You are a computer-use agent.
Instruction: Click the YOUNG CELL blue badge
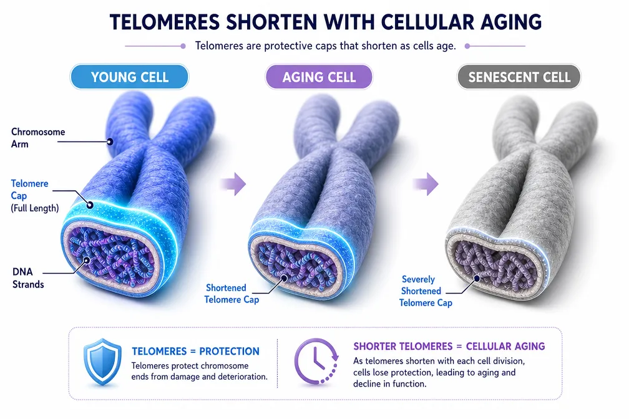pos(130,77)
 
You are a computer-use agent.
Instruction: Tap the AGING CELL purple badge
pos(319,77)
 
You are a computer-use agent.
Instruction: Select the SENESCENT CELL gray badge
pos(519,77)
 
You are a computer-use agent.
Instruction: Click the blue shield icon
pos(102,362)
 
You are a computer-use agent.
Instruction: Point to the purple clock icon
pos(317,362)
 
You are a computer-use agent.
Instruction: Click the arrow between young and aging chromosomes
pos(234,184)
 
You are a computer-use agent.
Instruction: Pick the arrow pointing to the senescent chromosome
pos(426,184)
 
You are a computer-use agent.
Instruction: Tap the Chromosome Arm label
pos(37,138)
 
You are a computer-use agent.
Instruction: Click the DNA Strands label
pos(28,278)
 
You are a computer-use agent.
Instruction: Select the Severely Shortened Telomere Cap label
pos(425,291)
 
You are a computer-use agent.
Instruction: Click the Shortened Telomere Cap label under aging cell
pos(232,294)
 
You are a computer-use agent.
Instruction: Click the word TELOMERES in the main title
pos(165,22)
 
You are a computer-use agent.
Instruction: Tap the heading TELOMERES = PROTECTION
pos(196,351)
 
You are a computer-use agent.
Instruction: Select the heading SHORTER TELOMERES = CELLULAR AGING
pos(449,346)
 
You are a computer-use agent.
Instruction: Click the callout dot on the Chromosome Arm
pos(110,142)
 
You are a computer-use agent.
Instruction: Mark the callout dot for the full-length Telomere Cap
pos(90,205)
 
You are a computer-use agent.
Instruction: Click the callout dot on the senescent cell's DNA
pos(477,277)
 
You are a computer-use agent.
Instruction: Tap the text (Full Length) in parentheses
pos(35,208)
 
